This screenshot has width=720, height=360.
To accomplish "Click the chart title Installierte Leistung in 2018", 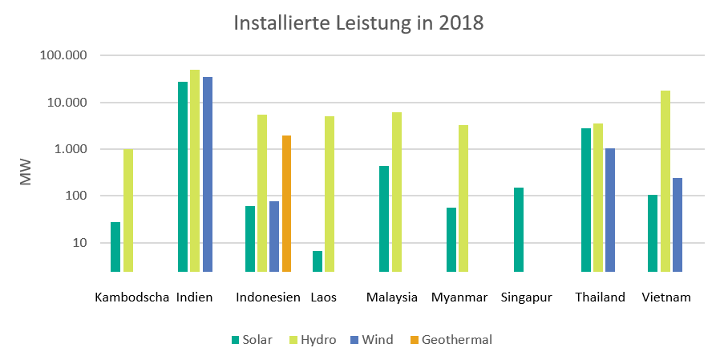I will pos(358,22).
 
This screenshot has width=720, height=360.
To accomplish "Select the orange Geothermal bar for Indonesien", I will pos(286,204).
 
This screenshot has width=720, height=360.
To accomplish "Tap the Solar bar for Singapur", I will pos(519,229).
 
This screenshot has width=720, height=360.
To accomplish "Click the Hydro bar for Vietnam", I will pos(665,181).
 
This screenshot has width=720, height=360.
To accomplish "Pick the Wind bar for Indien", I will pos(208,174).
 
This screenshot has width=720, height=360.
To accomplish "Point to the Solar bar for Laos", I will pos(318,261).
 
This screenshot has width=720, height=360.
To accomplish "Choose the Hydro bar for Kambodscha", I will pos(128,210).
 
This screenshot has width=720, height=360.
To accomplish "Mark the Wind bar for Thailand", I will pos(610,210).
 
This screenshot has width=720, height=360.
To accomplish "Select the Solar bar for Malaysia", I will pos(384,219).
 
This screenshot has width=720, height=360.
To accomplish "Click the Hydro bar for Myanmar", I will pos(463,198).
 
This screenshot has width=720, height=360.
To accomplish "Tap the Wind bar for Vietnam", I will pos(678,224).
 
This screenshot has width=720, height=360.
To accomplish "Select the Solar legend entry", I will pos(251,340).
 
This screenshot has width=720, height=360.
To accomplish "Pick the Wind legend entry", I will pos(370,340).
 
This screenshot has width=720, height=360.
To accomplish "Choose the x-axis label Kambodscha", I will pos(131,297).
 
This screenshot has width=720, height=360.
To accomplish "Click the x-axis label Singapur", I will pos(526,297).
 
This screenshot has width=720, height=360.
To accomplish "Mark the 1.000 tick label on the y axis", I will pos(71,150).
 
